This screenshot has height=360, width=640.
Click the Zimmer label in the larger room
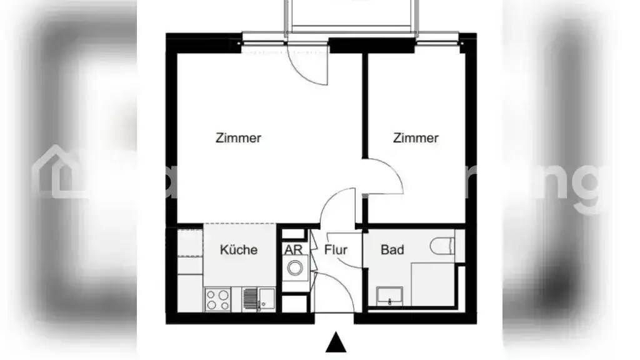pos(238,138)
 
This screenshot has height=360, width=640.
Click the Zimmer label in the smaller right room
pos(416,138)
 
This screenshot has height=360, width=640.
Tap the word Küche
pos(238,250)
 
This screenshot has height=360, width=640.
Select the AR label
pos(293,249)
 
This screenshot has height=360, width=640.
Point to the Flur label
pos(336,250)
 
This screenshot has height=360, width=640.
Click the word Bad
pos(392,250)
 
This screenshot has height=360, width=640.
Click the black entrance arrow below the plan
pos(336,343)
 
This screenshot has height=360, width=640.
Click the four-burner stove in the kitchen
pos(217,299)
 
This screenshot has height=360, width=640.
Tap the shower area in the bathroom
pos(432,284)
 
